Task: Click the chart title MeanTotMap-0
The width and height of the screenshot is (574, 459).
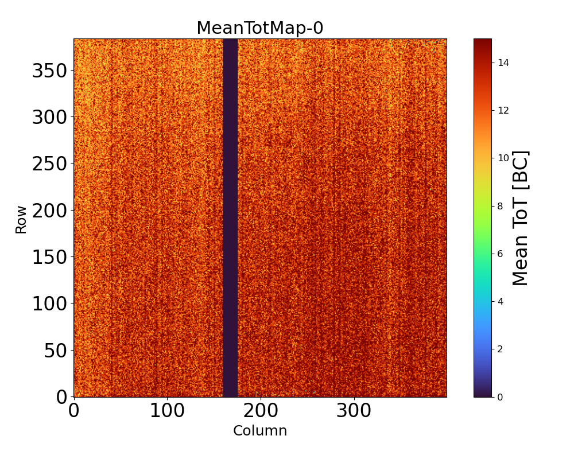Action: click(259, 28)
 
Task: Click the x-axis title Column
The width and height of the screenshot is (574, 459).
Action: click(259, 431)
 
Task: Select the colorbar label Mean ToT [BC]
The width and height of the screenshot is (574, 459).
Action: click(520, 218)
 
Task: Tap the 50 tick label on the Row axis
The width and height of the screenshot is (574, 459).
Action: click(56, 351)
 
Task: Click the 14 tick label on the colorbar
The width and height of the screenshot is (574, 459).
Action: click(503, 63)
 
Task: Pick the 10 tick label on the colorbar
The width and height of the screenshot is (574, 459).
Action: click(503, 158)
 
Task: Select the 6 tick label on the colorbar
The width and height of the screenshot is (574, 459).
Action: click(501, 254)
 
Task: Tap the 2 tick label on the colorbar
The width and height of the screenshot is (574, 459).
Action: click(501, 349)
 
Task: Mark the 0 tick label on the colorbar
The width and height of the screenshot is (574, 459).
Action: click(501, 397)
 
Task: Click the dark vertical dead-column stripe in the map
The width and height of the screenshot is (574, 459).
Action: click(230, 218)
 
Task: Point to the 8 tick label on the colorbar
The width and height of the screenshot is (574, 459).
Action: click(501, 206)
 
